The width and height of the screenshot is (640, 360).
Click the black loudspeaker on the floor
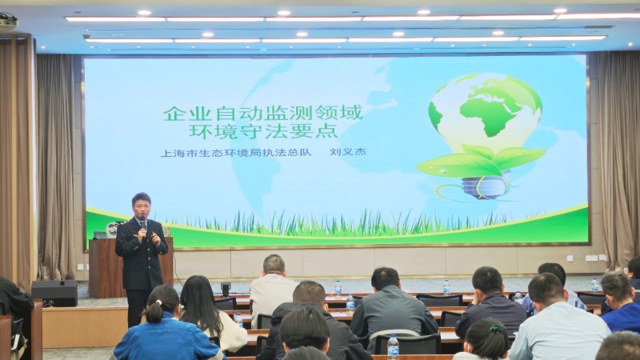[54, 293]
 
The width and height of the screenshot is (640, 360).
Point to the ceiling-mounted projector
[8, 22]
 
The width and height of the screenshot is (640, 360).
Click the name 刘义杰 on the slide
[348, 152]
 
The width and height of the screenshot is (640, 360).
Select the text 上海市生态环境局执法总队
[236, 153]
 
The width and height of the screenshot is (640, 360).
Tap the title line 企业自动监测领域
[263, 113]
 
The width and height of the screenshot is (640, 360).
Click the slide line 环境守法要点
[263, 131]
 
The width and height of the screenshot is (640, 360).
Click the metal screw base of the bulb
[486, 187]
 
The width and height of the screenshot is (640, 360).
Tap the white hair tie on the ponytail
[158, 303]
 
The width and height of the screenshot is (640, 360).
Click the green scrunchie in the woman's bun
[496, 328]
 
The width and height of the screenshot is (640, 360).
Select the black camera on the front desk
[226, 289]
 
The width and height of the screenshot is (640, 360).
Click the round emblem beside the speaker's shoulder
[112, 230]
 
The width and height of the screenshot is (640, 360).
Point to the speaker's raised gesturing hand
[155, 238]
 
